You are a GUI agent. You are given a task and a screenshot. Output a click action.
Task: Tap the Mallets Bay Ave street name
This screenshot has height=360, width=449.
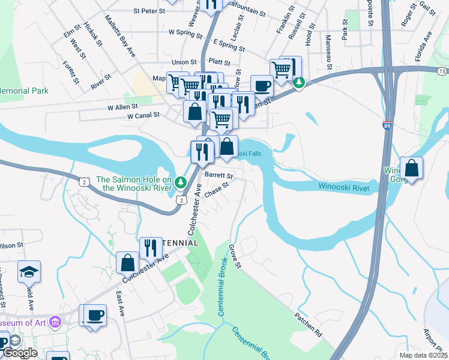click(x=121, y=38)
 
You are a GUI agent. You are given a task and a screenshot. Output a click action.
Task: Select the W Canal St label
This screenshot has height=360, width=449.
click(x=143, y=115)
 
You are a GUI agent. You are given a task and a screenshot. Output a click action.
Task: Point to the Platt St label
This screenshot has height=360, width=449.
click(x=220, y=62)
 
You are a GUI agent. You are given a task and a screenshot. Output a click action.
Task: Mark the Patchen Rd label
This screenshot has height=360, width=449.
click(x=309, y=324)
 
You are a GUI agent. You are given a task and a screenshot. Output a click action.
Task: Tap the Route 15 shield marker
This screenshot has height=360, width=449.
click(x=442, y=71)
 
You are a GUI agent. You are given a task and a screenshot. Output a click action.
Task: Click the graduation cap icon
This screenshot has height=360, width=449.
click(x=29, y=272)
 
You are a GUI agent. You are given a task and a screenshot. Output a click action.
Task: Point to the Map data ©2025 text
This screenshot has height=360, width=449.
click(x=423, y=355)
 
